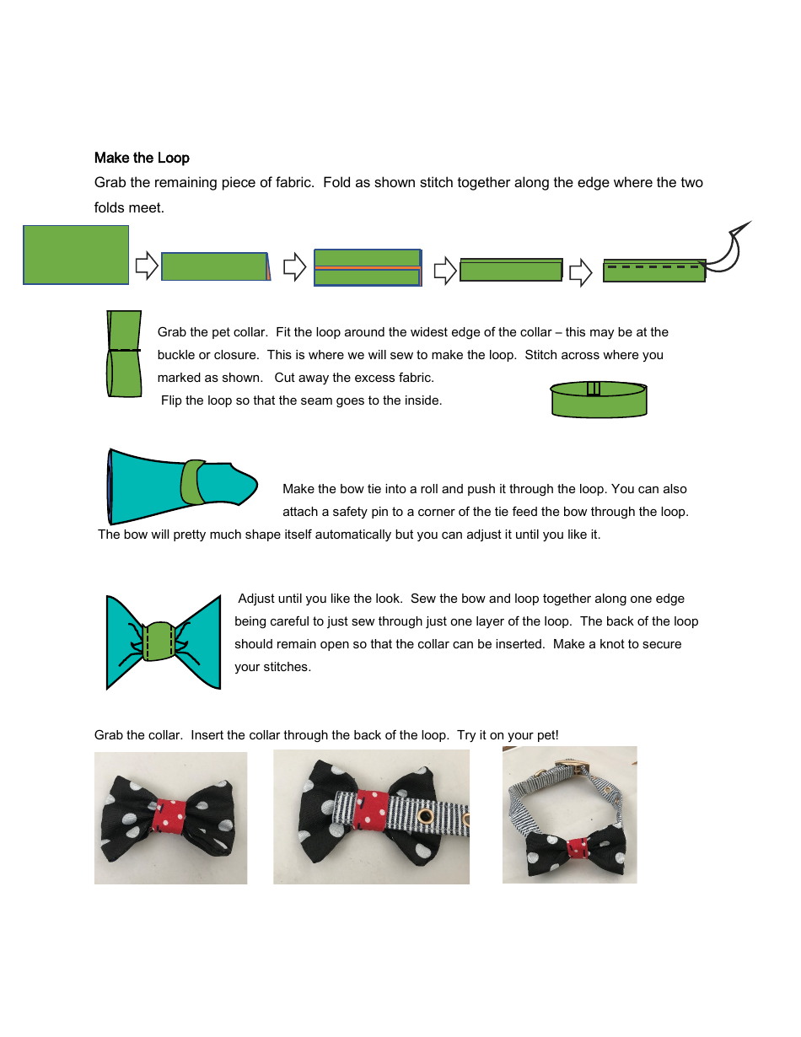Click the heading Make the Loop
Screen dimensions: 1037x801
(x=142, y=158)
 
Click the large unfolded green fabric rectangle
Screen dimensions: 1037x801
(x=76, y=255)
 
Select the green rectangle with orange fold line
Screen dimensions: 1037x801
(x=367, y=267)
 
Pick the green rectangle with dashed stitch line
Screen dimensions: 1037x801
(x=654, y=270)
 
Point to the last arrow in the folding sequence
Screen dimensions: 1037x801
(x=581, y=272)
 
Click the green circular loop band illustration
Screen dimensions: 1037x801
(x=599, y=399)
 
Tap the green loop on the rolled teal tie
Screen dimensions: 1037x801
(x=193, y=482)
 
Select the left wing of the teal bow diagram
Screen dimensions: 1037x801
(x=125, y=642)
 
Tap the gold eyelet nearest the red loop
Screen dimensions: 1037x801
(x=425, y=815)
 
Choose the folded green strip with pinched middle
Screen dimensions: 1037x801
(x=125, y=353)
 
